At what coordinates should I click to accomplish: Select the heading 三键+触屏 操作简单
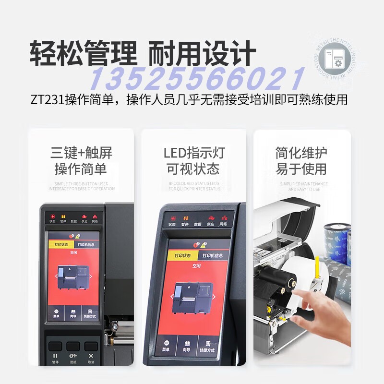point(81,161)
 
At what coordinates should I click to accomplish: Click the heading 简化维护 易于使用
point(301,161)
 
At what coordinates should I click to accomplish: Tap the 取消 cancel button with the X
point(91,358)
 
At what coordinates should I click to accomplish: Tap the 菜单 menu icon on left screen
point(56,312)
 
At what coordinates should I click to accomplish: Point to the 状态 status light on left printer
point(52,218)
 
